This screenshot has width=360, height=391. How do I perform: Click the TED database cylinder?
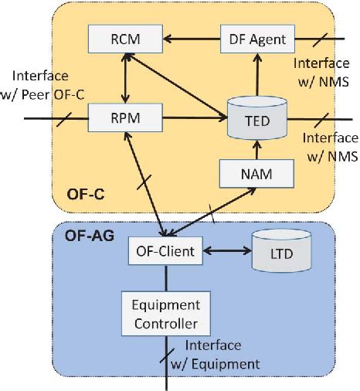click(257, 121)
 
